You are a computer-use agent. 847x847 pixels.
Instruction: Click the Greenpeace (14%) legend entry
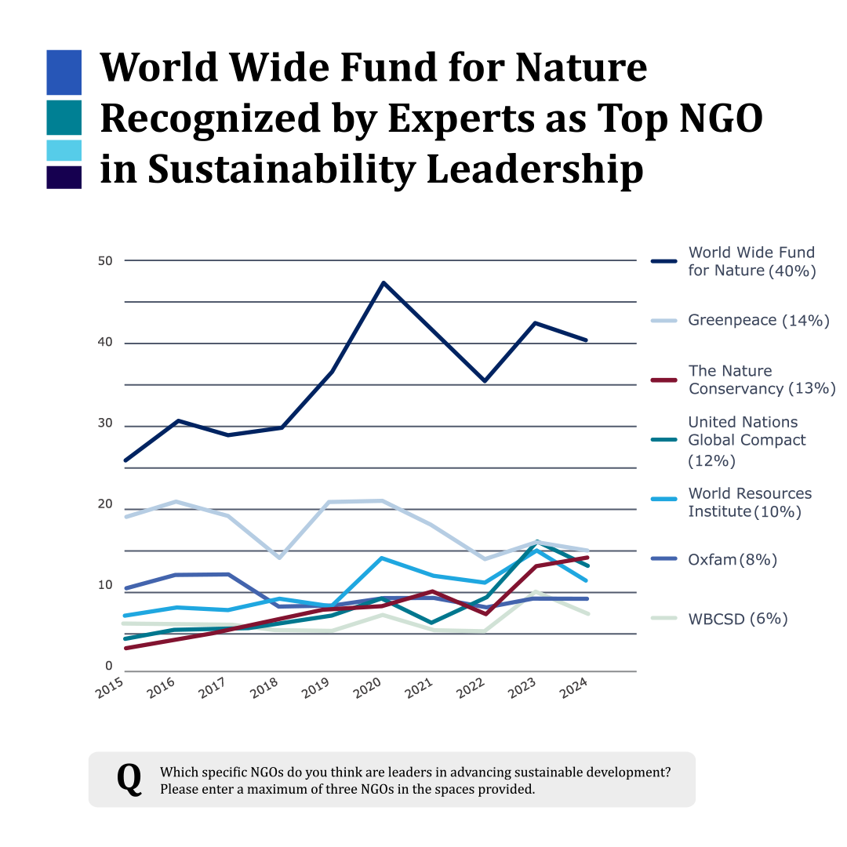(758, 320)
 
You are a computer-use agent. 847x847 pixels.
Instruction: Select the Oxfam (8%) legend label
(732, 560)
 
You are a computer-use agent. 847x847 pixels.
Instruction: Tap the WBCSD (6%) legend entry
(738, 619)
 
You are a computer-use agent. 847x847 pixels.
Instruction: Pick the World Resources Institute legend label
(750, 503)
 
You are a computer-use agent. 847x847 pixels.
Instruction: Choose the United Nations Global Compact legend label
(747, 442)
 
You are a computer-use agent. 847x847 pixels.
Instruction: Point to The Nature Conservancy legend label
(762, 380)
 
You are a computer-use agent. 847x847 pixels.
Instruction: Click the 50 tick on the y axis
(105, 261)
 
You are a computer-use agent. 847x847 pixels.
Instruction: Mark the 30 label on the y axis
(105, 423)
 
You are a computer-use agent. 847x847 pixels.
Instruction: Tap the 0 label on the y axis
(108, 666)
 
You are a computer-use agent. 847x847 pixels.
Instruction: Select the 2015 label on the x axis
(110, 689)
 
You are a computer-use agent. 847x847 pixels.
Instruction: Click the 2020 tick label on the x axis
(367, 689)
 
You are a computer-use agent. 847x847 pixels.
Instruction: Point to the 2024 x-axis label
(573, 689)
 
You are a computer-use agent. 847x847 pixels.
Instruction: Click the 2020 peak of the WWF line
(383, 282)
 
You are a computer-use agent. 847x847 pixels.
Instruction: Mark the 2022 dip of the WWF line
(485, 381)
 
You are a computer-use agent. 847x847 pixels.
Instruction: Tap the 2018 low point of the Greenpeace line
(279, 558)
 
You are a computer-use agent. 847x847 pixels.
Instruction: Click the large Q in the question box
(129, 779)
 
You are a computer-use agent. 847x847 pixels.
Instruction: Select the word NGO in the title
(721, 118)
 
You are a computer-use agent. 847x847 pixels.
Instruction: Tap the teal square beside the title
(64, 117)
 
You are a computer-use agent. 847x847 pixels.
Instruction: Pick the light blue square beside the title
(64, 150)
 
